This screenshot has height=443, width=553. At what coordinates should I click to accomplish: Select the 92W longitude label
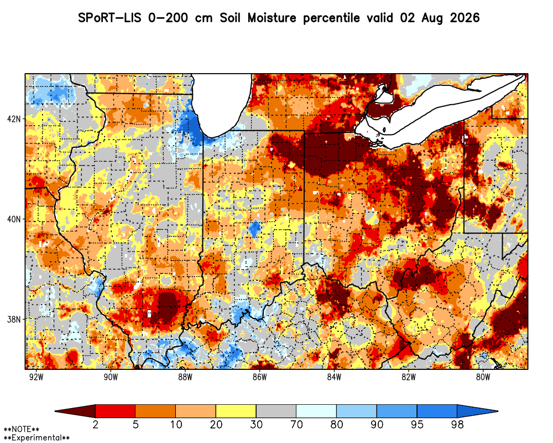pos(36,377)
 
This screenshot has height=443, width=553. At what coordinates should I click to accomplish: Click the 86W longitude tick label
pos(260,377)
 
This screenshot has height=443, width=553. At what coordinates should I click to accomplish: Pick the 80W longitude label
pos(483,377)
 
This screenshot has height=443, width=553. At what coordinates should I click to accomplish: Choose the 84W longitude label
pos(335,377)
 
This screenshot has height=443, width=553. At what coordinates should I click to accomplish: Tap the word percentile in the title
pos(331,18)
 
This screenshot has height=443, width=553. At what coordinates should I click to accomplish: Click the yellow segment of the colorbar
pos(236,411)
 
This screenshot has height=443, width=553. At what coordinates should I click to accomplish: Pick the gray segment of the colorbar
pos(276,411)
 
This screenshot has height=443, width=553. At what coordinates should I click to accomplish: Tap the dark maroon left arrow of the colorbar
pos(75,411)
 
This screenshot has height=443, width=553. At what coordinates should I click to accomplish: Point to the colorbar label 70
pos(296,424)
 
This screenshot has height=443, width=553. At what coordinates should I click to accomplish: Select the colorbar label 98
pos(457,424)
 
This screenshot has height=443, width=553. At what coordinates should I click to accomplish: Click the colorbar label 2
pos(95,424)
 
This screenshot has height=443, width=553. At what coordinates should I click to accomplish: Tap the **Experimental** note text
pos(36,438)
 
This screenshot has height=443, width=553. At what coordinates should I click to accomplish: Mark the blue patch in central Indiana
pos(254,228)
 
